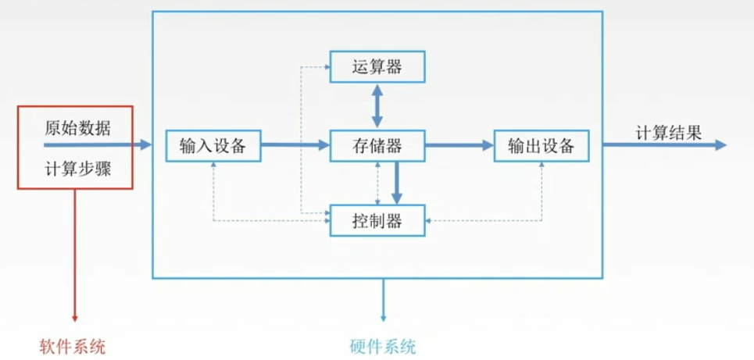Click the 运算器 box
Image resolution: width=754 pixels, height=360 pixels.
point(377,66)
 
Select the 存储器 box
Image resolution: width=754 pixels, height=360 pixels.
point(377,145)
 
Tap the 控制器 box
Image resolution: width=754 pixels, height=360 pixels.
point(377,221)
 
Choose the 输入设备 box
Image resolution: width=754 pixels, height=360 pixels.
point(213,145)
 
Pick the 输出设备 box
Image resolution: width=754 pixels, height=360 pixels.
point(541,145)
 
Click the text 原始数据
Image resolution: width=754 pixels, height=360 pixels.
point(77,128)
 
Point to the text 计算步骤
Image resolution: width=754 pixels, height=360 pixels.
point(77,168)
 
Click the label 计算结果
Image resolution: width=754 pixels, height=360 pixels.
point(667,132)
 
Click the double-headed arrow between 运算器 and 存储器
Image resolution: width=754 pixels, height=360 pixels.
point(377,105)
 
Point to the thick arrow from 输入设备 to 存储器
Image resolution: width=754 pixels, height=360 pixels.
point(295,145)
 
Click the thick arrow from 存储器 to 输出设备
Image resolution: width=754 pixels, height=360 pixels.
point(459,145)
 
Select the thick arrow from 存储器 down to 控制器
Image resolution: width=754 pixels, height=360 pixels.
point(397,183)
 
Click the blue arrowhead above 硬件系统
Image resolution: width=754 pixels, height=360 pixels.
point(383,317)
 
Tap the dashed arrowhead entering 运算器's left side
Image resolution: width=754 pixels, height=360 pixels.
point(326,66)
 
